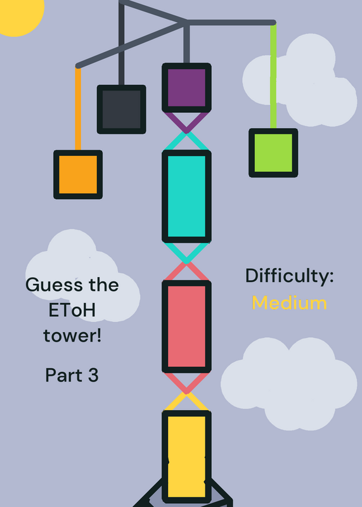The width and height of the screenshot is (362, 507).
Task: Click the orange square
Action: click(x=78, y=175)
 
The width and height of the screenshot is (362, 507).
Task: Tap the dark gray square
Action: click(x=121, y=109)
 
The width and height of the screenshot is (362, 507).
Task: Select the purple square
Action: click(x=186, y=87)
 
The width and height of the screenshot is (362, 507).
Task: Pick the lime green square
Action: click(x=273, y=153)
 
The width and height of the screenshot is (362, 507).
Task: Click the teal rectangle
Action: click(x=186, y=196)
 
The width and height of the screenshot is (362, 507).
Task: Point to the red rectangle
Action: click(x=186, y=326)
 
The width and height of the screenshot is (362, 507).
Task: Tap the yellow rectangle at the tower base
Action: click(x=186, y=456)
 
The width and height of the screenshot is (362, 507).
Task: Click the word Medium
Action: click(x=289, y=303)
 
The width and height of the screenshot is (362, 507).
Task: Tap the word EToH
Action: click(x=72, y=310)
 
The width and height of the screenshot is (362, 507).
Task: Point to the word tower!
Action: click(x=72, y=335)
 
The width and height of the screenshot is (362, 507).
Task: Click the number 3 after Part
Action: click(x=93, y=375)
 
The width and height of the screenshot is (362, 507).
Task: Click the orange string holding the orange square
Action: click(x=78, y=108)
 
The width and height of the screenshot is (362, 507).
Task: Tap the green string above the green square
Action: click(x=273, y=76)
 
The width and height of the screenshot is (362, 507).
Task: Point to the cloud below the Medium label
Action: click(x=289, y=384)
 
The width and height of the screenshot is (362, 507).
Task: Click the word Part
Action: click(x=64, y=375)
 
